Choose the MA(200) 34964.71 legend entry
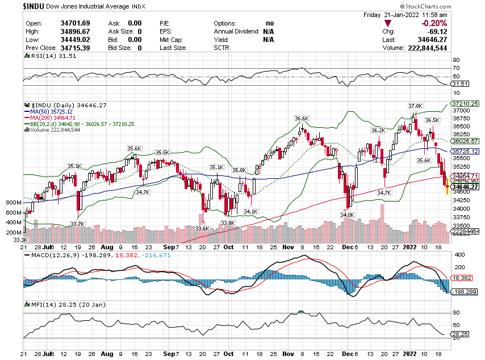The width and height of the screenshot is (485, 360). pos(53,118)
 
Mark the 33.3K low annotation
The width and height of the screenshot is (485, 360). pos(22,240)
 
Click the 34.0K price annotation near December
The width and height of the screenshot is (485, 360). pos(347,215)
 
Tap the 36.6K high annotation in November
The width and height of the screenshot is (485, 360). pos(301,118)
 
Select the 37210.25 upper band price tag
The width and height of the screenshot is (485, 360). pos(465,104)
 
